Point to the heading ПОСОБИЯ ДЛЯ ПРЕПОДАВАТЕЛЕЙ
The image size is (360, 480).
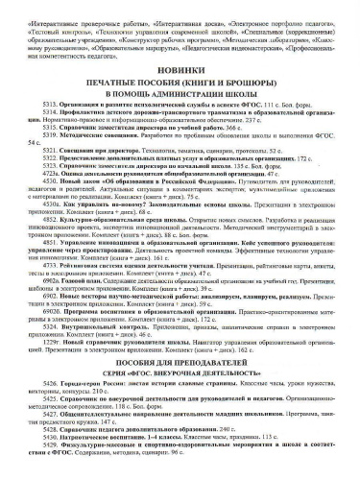coord(179,365)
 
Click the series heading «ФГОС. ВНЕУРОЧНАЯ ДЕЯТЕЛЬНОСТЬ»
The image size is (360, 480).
coord(179,377)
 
